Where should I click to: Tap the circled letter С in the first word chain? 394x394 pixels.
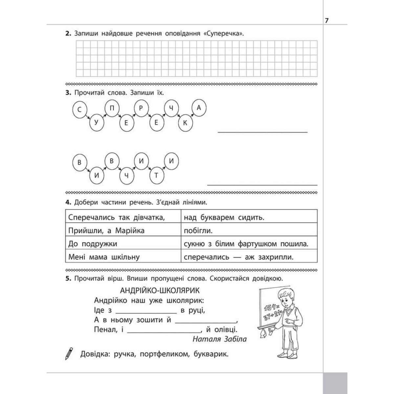[80, 110]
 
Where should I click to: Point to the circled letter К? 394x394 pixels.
[185, 123]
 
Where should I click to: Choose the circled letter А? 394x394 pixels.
[198, 108]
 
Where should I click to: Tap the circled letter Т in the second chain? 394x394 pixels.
[156, 175]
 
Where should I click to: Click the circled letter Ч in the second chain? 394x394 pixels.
[127, 175]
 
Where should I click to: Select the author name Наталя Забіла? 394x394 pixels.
[219, 339]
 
